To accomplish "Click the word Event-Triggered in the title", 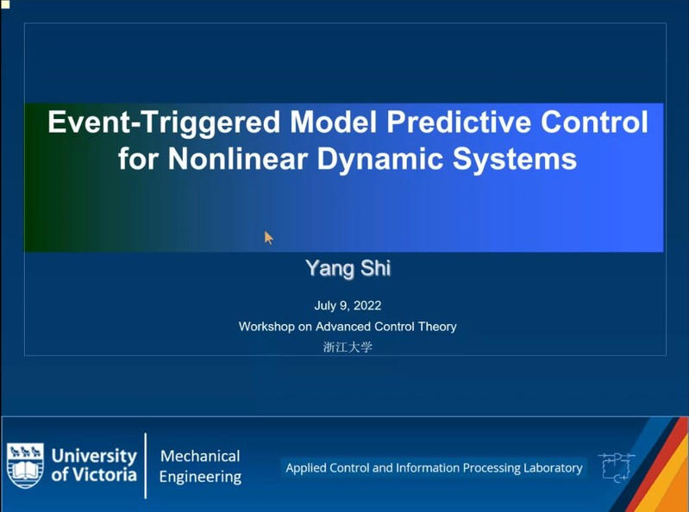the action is (164, 122).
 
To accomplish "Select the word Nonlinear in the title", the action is (237, 159).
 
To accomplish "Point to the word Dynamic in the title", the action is (379, 160).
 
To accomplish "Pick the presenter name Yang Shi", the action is (348, 268).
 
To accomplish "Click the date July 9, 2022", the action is (348, 306).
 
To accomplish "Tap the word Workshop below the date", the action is (266, 327).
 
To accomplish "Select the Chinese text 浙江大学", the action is (348, 347).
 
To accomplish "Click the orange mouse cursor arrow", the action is (268, 238).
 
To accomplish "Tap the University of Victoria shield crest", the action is (26, 465).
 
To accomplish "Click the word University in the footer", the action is (94, 457).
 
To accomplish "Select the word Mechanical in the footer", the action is (200, 456).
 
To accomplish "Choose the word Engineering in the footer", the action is (200, 477).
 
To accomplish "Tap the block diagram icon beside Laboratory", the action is (617, 467).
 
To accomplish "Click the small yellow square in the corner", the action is (5, 4).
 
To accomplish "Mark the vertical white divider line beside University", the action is (146, 466).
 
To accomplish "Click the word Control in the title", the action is (594, 122).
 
